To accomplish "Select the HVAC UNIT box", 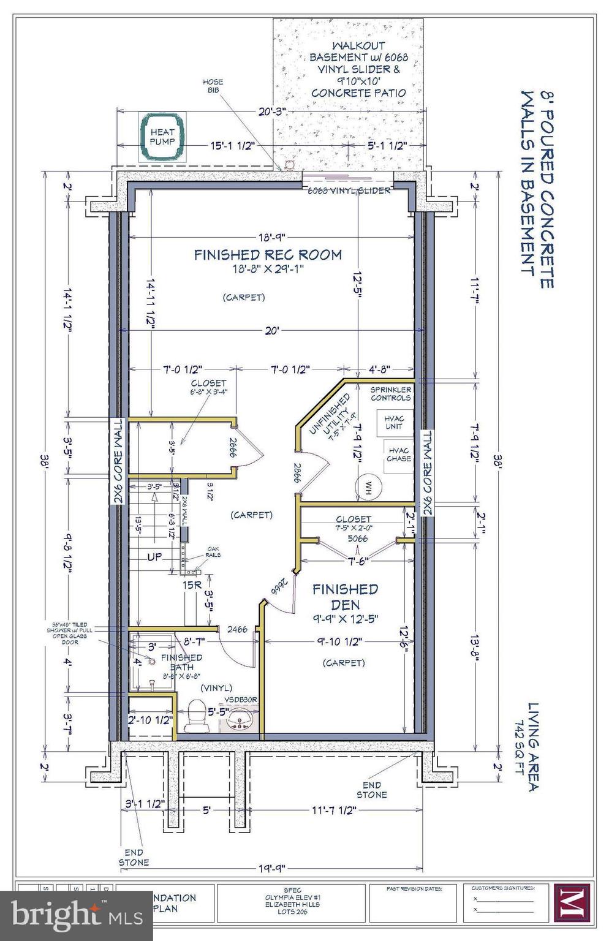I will (394, 423).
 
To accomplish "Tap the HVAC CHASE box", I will (398, 455).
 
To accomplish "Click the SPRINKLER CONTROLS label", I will (390, 393).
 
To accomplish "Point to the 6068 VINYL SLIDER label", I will (349, 191).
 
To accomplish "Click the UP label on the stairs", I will (155, 557).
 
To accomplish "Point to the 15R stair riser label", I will (192, 585).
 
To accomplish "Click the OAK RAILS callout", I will (213, 551).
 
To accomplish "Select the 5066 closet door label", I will (357, 539).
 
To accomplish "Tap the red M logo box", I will (571, 904).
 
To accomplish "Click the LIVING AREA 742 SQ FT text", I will (528, 746).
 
